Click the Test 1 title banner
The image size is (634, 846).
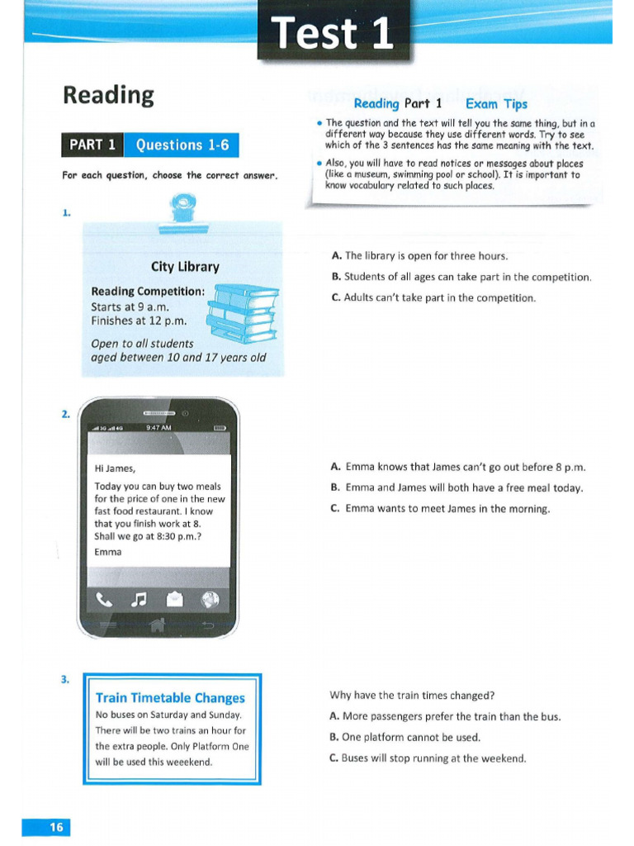[334, 34]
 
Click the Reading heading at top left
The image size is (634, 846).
[108, 95]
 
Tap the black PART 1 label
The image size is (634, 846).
[92, 145]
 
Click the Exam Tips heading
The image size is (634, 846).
[496, 104]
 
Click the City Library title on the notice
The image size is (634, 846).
[185, 267]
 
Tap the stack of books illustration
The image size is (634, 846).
[243, 313]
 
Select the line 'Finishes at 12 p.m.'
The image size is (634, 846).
[139, 321]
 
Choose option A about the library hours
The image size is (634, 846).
[419, 256]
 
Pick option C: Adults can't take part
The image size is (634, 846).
[433, 297]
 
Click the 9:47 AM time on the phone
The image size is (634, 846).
[158, 428]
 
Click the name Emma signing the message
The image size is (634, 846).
[108, 552]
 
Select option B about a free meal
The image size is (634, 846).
[456, 487]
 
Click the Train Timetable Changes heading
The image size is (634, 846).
[170, 698]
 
